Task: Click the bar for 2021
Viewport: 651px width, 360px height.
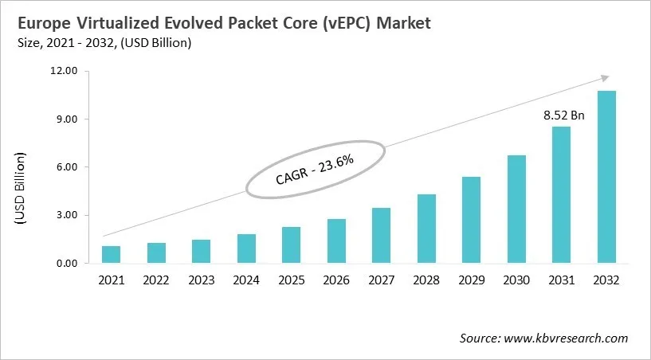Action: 111,255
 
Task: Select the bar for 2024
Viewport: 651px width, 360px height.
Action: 246,248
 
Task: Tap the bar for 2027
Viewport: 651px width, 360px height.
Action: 381,236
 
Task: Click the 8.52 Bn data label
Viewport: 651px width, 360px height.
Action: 564,115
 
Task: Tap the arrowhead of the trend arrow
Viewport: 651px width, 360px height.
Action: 605,77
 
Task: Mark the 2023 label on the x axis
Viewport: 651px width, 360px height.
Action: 201,280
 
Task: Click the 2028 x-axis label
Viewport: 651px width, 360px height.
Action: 426,280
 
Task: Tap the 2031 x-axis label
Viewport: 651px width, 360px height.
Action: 562,280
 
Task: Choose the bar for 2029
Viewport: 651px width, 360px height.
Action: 472,220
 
